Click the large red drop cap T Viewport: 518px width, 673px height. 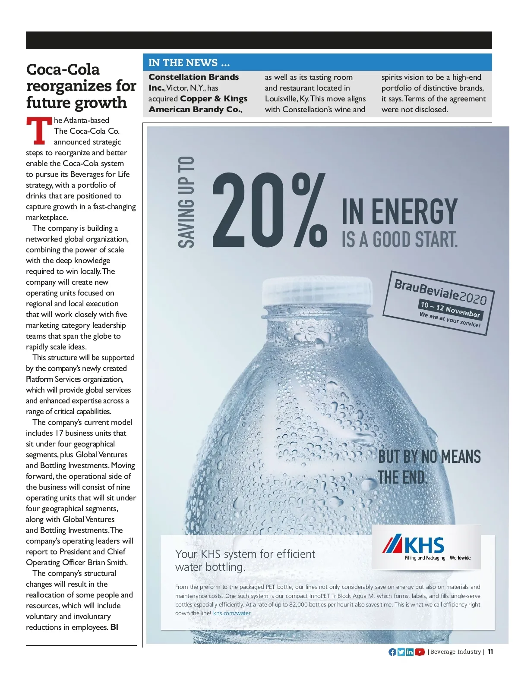[x=38, y=131]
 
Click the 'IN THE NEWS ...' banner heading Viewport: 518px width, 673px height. [x=189, y=63]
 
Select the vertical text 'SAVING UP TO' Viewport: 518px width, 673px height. [x=187, y=202]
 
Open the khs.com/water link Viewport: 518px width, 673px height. [x=232, y=613]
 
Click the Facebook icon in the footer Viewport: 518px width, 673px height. [x=392, y=652]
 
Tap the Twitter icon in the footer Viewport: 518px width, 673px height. [x=401, y=652]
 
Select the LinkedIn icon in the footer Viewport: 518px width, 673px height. [x=410, y=652]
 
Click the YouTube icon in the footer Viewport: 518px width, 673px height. [x=420, y=652]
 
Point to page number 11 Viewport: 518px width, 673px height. [x=490, y=652]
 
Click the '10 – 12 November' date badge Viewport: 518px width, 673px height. [x=450, y=308]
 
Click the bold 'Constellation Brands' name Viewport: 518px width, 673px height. [x=193, y=77]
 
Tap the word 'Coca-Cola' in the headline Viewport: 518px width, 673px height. [x=63, y=69]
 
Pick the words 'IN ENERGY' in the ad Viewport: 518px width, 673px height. [x=399, y=211]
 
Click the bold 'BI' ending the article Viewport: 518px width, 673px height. [x=114, y=627]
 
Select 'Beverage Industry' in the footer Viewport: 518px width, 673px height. [x=455, y=652]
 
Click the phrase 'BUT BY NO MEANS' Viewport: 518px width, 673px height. [x=429, y=456]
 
